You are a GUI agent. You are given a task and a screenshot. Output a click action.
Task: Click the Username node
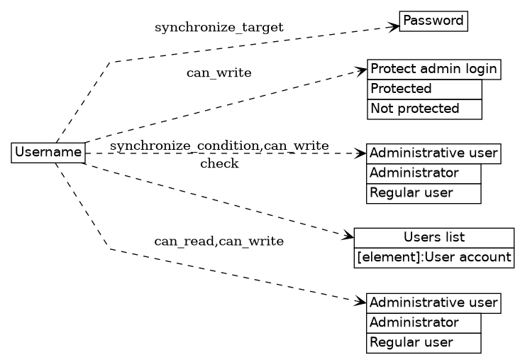pos(48,153)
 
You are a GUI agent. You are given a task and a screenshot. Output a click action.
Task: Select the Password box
pos(433,21)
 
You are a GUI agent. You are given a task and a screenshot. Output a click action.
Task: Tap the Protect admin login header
pos(433,70)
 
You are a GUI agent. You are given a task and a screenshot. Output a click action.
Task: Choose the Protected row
pos(424,89)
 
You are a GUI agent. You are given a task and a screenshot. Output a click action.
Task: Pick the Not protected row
pos(424,109)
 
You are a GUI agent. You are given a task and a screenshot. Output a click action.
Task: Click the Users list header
pos(433,237)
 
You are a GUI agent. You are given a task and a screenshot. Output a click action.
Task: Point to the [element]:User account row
pos(433,257)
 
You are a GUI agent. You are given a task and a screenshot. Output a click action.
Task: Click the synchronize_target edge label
pos(219,28)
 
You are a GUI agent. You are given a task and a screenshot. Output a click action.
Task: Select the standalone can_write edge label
pos(219,73)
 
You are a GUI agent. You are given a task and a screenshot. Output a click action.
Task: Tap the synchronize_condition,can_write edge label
pos(219,146)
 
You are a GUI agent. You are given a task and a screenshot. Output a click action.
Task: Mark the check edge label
pos(219,165)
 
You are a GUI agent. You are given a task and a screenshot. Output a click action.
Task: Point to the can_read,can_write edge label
pos(219,241)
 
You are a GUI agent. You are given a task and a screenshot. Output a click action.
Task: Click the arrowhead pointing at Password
pos(394,27)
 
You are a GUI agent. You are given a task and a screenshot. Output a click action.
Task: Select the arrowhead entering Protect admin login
pos(361,70)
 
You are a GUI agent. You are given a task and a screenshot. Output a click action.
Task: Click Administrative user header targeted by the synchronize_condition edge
pos(433,153)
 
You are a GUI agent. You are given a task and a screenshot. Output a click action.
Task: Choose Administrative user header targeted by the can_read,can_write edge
pos(433,303)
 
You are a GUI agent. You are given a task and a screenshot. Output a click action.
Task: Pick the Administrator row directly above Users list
pos(424,173)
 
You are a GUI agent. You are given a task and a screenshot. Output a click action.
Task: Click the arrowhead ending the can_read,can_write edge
pos(361,302)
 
